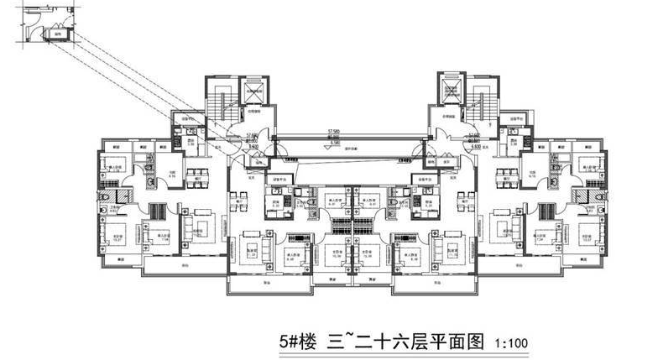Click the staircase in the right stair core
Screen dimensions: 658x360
pyautogui.click(x=479, y=97)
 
